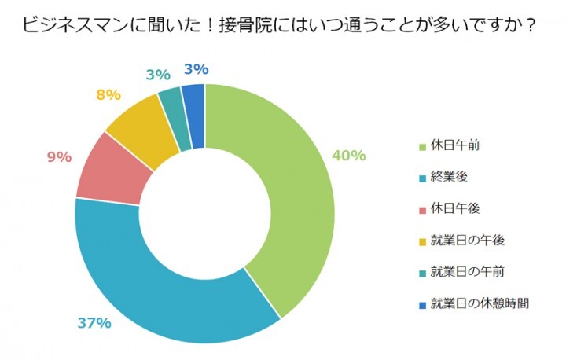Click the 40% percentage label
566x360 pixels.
tap(349, 156)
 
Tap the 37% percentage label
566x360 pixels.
tap(94, 323)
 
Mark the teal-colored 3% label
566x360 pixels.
tap(158, 75)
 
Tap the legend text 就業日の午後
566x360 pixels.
tap(468, 240)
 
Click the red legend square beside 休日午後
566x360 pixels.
tap(422, 209)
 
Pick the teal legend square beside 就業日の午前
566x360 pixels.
tap(422, 272)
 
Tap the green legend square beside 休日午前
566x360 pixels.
tap(422, 146)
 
